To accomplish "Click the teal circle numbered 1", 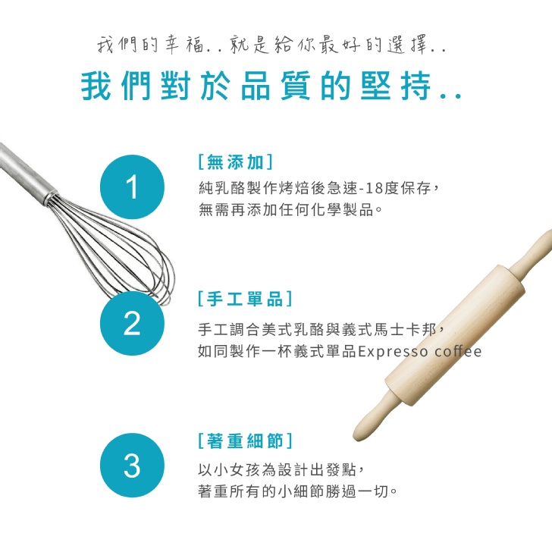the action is pyautogui.click(x=132, y=187).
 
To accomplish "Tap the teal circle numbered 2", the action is pyautogui.click(x=132, y=323).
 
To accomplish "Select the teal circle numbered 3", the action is pyautogui.click(x=132, y=465).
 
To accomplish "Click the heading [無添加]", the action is pyautogui.click(x=236, y=162).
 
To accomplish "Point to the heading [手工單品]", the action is pyautogui.click(x=245, y=299).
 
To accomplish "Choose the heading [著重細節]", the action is pyautogui.click(x=245, y=441).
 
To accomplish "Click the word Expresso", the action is pyautogui.click(x=393, y=352).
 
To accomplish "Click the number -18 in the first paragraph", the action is pyautogui.click(x=371, y=188).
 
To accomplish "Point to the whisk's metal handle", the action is pyautogui.click(x=27, y=173).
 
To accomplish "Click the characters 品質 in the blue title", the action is pyautogui.click(x=276, y=86).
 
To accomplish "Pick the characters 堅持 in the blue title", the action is pyautogui.click(x=396, y=86).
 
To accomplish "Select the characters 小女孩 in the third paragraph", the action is pyautogui.click(x=229, y=469).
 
